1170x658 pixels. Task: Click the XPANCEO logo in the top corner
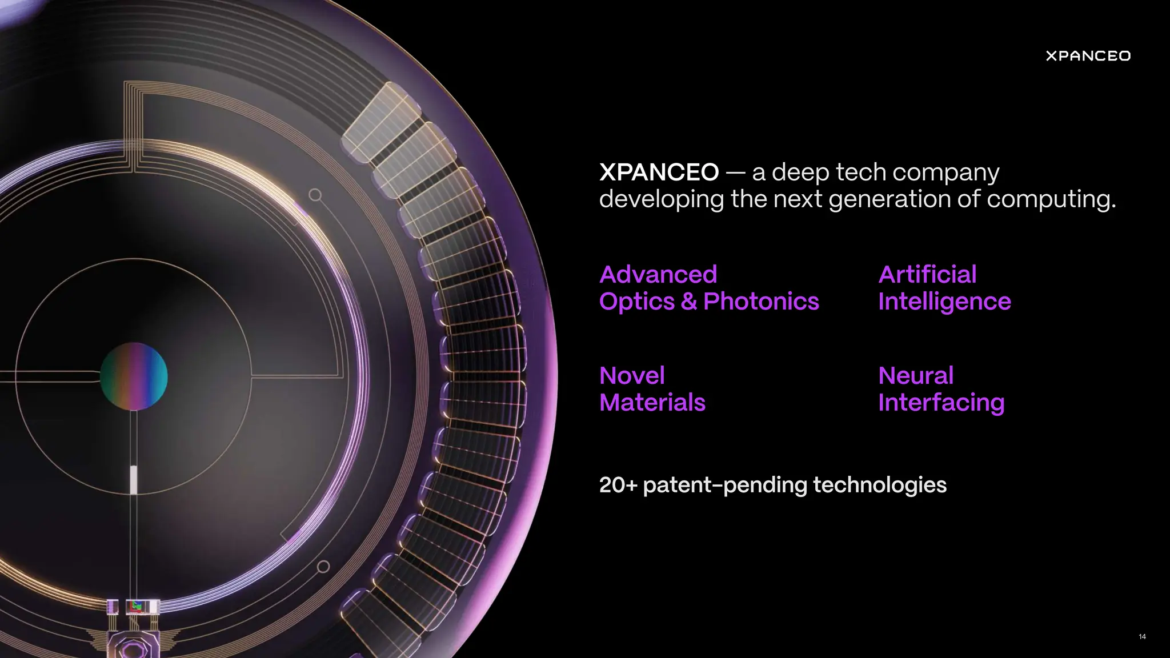[x=1088, y=56]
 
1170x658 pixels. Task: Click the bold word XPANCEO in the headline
[x=659, y=172]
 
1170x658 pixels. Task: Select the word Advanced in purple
[x=658, y=275]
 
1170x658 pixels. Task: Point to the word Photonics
[x=761, y=302]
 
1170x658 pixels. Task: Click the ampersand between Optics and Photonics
[x=689, y=302]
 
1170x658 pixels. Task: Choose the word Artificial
[x=927, y=275]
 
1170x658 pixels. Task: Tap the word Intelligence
[x=944, y=302]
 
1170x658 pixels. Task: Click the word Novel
[x=632, y=376]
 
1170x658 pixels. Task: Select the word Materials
[x=652, y=403]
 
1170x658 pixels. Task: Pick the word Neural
[x=916, y=376]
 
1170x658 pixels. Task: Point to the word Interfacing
[x=941, y=403]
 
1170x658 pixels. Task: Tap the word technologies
[x=879, y=485]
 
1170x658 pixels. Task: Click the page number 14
[x=1142, y=636]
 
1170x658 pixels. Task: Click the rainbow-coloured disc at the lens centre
[x=134, y=376]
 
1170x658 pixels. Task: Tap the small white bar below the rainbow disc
[x=134, y=479]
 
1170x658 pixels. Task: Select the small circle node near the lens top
[x=315, y=195]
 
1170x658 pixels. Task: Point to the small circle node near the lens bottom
[x=323, y=567]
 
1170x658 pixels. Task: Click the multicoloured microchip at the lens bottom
[x=136, y=606]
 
